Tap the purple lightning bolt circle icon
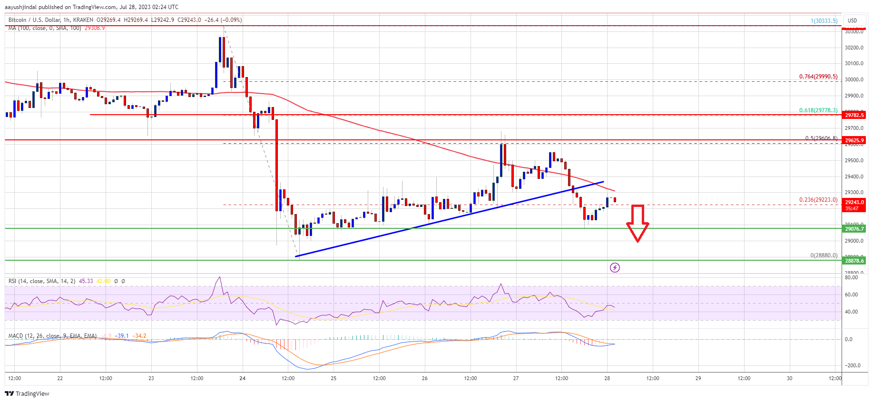coord(615,267)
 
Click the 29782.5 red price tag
coord(854,115)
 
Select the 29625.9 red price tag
coord(854,140)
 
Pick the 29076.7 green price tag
coord(854,229)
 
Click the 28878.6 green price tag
coord(854,261)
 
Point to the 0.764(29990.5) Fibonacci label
coord(818,77)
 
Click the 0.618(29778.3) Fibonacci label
coord(818,110)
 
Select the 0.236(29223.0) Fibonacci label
coord(818,200)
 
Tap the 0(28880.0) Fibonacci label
coord(824,255)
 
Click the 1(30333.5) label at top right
coord(824,21)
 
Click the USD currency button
coord(852,20)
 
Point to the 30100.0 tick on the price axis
coord(854,64)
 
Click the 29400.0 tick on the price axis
coord(854,177)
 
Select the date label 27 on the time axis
coord(516,379)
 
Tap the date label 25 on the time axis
coord(334,379)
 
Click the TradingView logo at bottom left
coord(27,393)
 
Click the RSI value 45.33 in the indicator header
coord(86,281)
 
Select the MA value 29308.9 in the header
coord(95,28)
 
